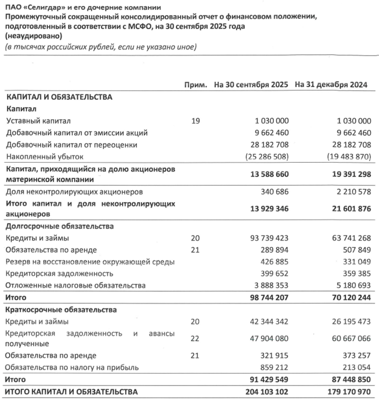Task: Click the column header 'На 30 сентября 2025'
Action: (x=252, y=85)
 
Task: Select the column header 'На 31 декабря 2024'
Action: (x=332, y=85)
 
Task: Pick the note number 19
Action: (x=196, y=121)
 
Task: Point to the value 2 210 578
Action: (x=350, y=191)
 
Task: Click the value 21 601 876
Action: (x=348, y=209)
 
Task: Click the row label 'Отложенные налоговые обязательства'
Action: (x=76, y=285)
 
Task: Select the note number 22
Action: (x=196, y=339)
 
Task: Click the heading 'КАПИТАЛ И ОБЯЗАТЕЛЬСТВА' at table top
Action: (x=59, y=98)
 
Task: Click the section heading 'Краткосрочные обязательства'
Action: (x=61, y=309)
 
